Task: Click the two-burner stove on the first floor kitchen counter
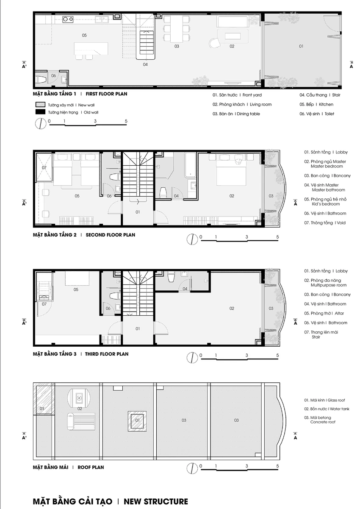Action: coord(68,19)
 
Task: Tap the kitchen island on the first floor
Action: coord(91,48)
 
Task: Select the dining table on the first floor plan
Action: coord(177,28)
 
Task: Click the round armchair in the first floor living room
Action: coord(214,43)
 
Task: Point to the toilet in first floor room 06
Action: coord(42,80)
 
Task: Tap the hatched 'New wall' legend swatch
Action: coord(40,105)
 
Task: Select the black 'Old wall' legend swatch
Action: coord(40,112)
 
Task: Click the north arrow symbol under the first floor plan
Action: coord(41,124)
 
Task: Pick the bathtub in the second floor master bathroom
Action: coord(190,165)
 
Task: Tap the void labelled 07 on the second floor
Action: coord(44,167)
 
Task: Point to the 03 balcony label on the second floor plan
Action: coord(271,196)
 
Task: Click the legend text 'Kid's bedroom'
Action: coord(326,204)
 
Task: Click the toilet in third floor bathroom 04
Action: coord(171,277)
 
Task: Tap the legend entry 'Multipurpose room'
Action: coord(328,285)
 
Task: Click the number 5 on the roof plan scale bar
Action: coord(277,466)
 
